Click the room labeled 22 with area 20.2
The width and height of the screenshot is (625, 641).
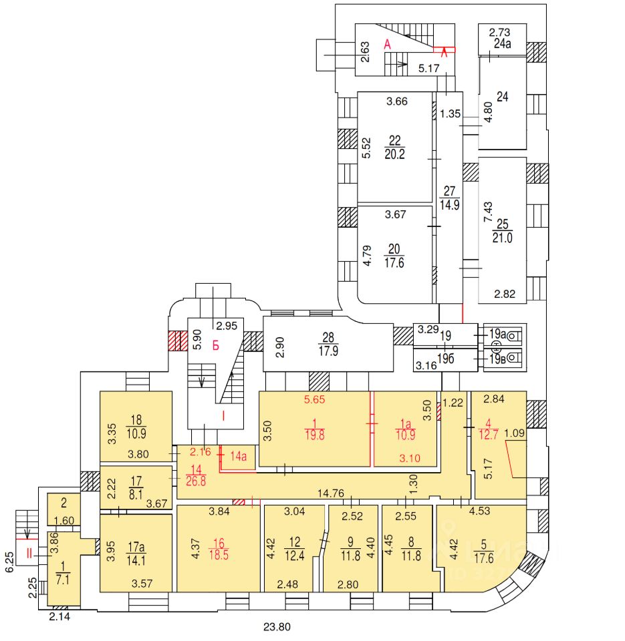coord(394,148)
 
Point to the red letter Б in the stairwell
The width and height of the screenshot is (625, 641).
coord(216,345)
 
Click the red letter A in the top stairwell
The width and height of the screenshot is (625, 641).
coord(386,45)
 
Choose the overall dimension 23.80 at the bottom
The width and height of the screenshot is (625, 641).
coord(277,627)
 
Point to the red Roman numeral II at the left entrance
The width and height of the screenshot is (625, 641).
coord(28,553)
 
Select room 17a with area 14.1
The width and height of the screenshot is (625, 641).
coord(136,549)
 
